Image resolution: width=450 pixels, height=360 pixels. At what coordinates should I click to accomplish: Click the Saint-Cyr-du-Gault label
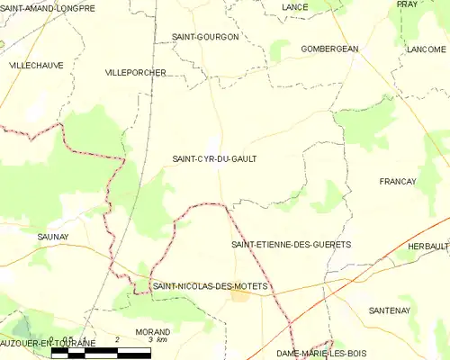click(x=214, y=158)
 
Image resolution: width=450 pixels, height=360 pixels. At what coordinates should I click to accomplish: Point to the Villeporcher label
click(x=136, y=71)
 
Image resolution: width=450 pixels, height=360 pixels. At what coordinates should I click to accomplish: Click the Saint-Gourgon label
click(x=205, y=37)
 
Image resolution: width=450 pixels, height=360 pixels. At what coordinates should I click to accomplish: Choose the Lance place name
click(x=294, y=7)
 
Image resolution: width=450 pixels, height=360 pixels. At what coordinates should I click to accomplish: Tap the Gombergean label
click(x=329, y=49)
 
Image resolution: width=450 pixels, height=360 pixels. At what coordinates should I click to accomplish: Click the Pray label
click(x=407, y=4)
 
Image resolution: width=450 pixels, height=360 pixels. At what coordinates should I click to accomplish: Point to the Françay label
click(x=398, y=181)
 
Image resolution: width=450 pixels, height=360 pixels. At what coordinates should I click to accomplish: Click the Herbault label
click(x=427, y=246)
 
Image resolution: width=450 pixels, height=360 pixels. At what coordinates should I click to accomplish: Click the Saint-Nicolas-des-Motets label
click(x=211, y=286)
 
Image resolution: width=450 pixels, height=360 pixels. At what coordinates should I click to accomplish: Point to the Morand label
click(x=152, y=331)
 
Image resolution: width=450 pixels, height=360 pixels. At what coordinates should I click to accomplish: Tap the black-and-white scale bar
click(x=100, y=354)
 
